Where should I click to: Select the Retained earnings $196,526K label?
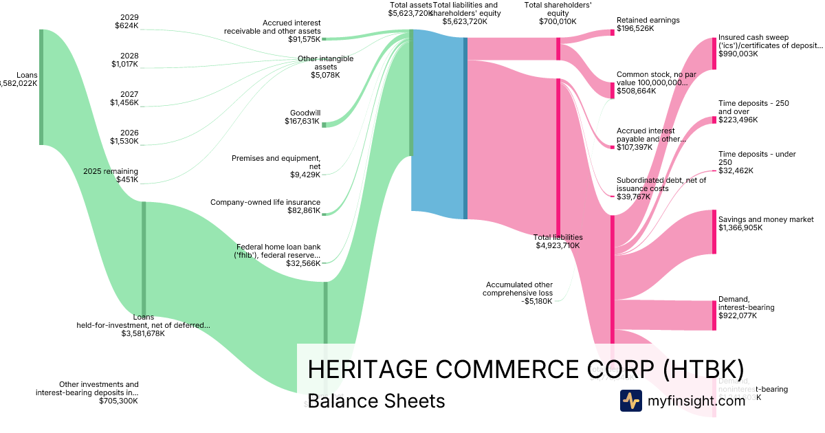648,25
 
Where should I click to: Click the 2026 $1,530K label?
124,137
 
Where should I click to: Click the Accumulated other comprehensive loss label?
519,292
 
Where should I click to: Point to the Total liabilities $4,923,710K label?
558,241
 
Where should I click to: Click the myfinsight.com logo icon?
630,400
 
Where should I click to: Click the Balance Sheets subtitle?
376,401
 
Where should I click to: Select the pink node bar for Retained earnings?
612,32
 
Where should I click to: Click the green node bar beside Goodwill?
324,124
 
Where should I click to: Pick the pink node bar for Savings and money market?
714,232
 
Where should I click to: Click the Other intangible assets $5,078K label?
317,67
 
